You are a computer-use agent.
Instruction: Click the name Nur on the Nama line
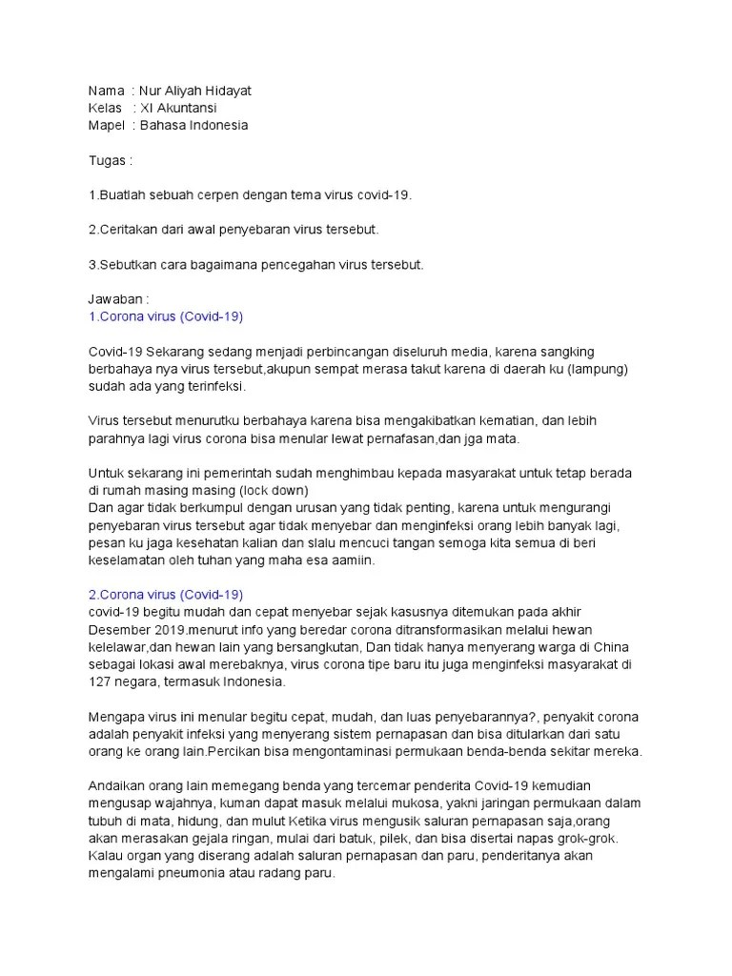(152, 91)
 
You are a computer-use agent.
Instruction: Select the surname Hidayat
(227, 91)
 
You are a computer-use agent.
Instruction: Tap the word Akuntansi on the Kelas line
(186, 108)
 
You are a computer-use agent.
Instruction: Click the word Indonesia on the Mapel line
(216, 125)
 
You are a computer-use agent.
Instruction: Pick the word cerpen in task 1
(251, 194)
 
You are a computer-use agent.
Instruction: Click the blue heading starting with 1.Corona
(157, 316)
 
